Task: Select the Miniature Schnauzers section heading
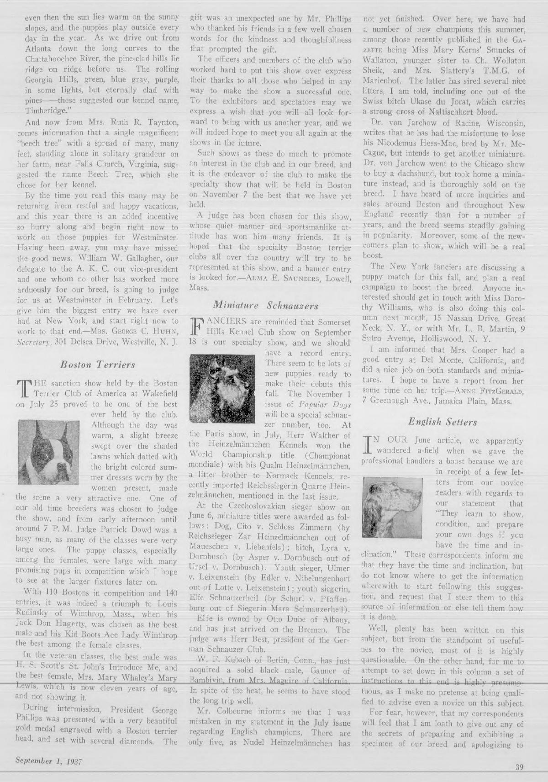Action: point(270,305)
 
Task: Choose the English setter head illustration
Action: point(396,500)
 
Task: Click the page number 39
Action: point(519,767)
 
